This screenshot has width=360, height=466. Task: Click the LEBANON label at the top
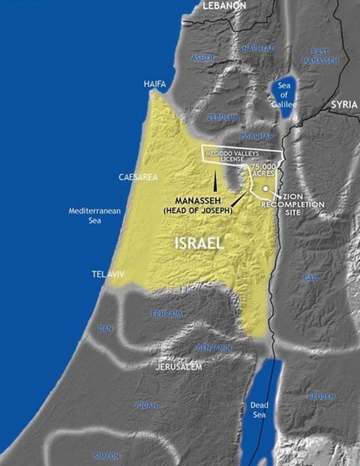(224, 5)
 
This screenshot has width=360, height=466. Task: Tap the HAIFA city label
(155, 84)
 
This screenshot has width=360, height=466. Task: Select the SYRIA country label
(344, 105)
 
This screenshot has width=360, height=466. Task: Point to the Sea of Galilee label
(284, 95)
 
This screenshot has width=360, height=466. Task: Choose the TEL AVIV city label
(107, 275)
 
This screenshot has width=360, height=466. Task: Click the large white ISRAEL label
(199, 243)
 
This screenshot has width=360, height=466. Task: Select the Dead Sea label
(259, 410)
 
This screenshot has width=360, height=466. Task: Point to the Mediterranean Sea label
(95, 215)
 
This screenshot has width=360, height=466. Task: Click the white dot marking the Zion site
(265, 189)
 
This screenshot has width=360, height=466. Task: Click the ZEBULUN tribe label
(223, 117)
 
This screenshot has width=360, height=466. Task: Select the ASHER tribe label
(202, 58)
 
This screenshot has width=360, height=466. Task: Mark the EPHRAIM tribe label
(166, 314)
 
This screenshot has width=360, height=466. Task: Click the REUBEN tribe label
(321, 397)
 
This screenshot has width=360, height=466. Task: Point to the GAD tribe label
(310, 278)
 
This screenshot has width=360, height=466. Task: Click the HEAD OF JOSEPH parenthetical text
(197, 211)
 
